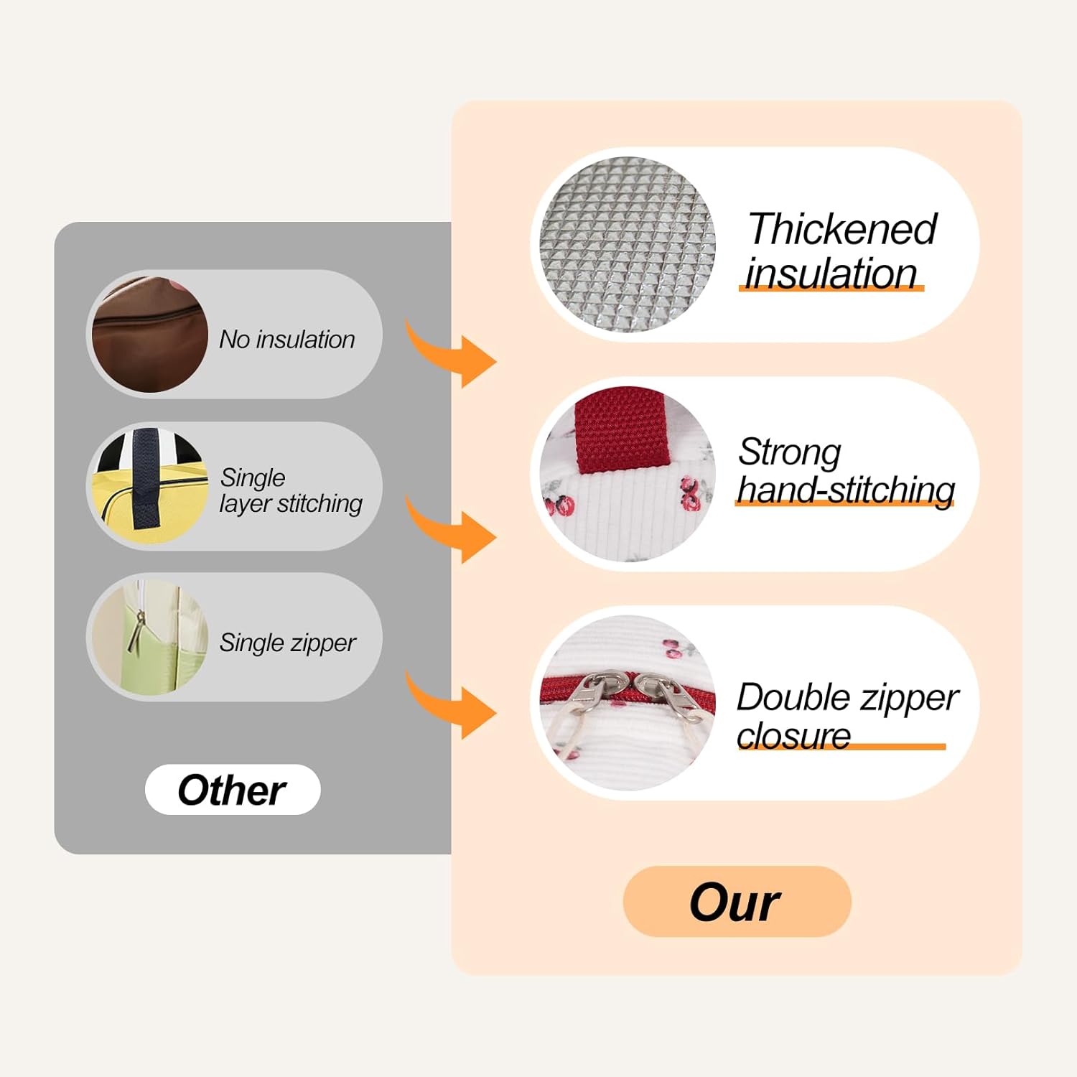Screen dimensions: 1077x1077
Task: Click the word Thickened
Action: coord(842,229)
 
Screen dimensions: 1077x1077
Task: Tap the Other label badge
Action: coord(233,790)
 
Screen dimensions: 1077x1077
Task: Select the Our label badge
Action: coord(737,902)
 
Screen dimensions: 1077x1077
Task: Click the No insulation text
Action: coord(287,339)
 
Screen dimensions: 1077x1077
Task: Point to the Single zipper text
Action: coord(287,643)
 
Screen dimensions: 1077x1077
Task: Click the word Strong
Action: coord(789,452)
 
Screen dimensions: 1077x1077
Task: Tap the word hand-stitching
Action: coord(846,490)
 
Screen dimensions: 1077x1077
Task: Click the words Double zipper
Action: coord(848,698)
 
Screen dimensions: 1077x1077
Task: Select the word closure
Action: coord(793,735)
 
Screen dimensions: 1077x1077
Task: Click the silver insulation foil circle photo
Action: coord(628,244)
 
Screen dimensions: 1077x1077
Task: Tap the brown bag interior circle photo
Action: coord(150,334)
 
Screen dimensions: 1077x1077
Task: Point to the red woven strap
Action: coord(623,429)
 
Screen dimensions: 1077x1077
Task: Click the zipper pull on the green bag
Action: coord(135,630)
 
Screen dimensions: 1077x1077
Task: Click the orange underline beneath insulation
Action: coord(831,288)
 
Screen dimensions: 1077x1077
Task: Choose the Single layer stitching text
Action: coord(291,490)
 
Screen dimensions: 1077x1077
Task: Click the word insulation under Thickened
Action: coord(831,273)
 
